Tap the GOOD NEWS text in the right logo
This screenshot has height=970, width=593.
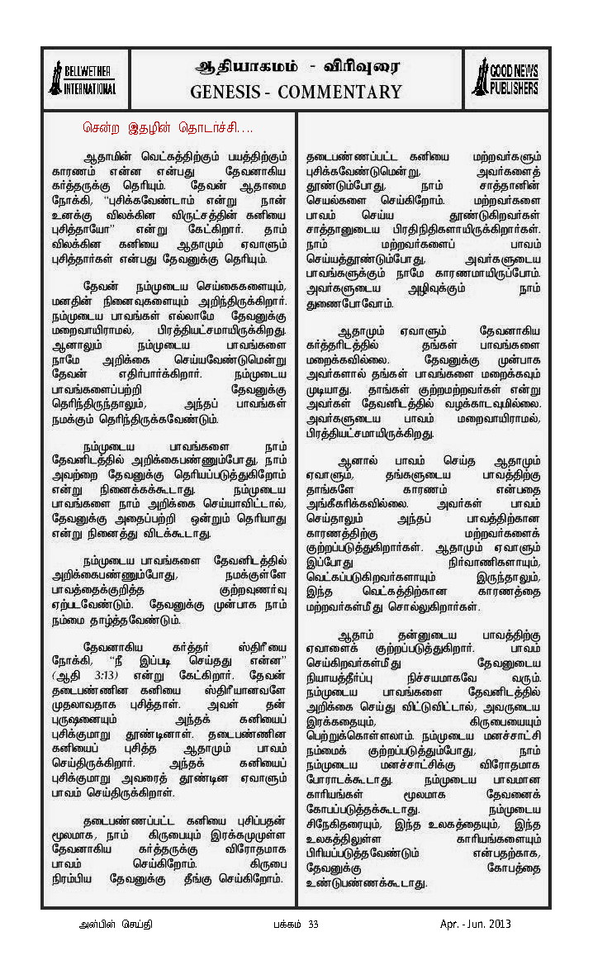[514, 72]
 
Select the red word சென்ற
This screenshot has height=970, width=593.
[101, 128]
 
